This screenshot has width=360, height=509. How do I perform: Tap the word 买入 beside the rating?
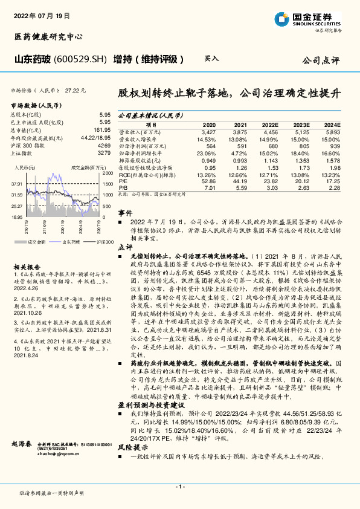211,59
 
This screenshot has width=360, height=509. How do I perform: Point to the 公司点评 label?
321,61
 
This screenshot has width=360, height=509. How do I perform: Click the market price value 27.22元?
76,89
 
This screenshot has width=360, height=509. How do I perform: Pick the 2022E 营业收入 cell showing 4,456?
270,131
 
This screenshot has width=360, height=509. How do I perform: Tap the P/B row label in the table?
123,187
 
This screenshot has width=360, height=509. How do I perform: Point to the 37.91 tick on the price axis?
16,183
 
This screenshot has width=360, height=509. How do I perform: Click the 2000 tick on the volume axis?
108,173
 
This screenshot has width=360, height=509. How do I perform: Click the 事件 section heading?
125,213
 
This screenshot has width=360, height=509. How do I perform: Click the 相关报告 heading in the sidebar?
27,267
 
